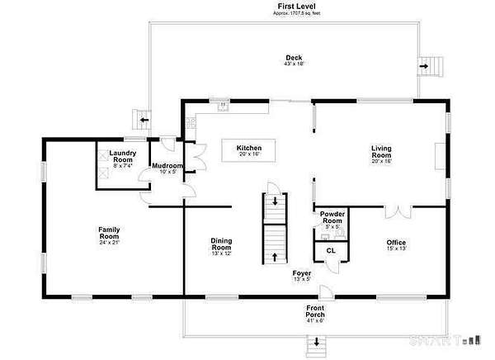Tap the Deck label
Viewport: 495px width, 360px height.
coord(294,58)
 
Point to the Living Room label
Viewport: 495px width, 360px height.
coord(380,152)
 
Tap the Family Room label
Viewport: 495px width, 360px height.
coord(110,234)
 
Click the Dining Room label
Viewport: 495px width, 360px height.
coord(221,244)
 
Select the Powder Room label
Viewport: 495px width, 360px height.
coord(332,218)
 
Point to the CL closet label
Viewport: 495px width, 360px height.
coord(331,249)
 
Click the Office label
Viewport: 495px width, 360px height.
coord(396,243)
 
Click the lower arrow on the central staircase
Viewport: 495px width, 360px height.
coord(274,258)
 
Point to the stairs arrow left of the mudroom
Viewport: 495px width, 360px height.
coord(145,121)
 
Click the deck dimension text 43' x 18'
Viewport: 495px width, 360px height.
coord(294,64)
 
